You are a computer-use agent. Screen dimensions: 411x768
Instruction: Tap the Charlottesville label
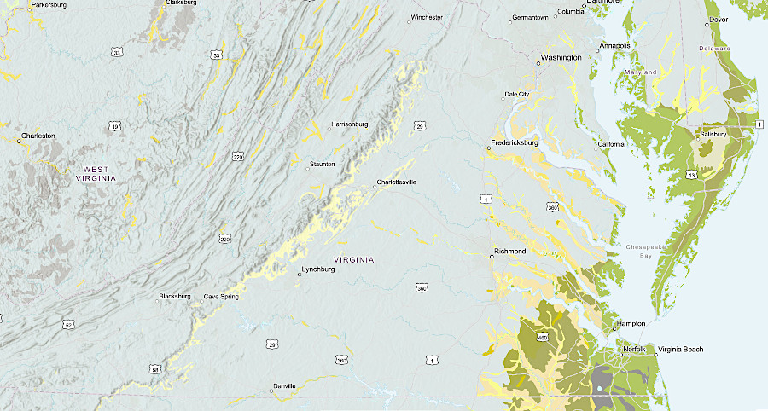coord(397,182)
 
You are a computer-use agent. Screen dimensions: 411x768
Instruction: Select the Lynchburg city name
coord(318,274)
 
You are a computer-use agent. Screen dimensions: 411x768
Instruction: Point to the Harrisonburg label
coord(349,124)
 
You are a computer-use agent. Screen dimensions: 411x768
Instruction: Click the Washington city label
coord(561,58)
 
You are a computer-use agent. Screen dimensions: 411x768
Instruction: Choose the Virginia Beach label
coord(680,350)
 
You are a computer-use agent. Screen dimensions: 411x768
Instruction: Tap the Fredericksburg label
coord(514,142)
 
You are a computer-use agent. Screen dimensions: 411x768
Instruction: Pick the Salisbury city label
coord(713,135)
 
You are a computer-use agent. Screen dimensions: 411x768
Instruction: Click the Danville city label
coord(284,386)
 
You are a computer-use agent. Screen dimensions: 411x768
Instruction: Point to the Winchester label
coord(426,17)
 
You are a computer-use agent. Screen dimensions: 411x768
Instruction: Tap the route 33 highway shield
coord(216,55)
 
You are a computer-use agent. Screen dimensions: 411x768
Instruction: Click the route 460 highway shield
coord(542,338)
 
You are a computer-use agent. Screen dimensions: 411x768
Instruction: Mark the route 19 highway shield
coord(114,127)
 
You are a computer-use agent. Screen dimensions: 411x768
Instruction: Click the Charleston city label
coord(38,136)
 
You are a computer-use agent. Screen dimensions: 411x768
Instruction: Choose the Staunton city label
coord(323,164)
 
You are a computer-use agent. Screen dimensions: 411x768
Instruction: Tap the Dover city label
coord(719,19)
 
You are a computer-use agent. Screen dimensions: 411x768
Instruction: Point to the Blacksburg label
coord(176,296)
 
